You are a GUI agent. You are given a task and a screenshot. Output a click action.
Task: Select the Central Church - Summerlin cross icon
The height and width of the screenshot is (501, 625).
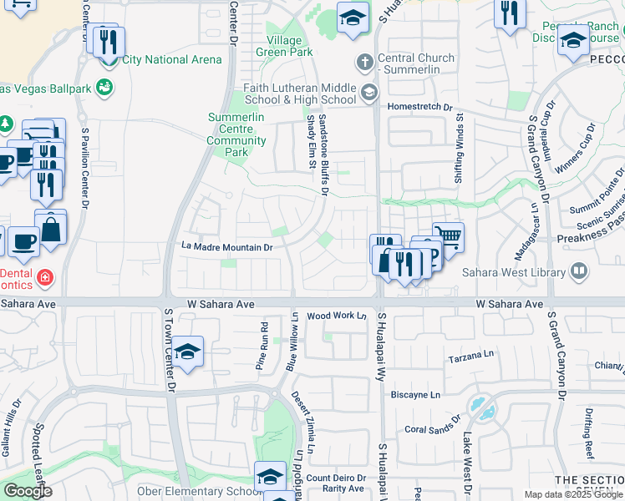pos(363,63)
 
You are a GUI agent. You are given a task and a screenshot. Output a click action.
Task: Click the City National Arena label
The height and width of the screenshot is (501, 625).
pos(171,59)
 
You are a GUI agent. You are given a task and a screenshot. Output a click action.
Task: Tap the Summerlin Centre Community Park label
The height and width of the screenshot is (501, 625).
pos(237,134)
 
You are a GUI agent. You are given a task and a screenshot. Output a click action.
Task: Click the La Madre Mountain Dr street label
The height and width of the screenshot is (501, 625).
pos(227,247)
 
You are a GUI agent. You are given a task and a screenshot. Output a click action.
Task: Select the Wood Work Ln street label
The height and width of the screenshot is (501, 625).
pos(337,316)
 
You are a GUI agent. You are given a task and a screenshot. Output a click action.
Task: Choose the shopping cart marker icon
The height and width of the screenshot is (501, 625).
pos(449,235)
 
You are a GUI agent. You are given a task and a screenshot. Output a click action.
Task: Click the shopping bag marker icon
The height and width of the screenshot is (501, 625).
pos(50,227)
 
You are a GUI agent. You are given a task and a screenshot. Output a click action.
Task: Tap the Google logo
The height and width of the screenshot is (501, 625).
pos(27,491)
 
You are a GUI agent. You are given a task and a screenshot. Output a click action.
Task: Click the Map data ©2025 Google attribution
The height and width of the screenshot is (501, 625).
pos(573,494)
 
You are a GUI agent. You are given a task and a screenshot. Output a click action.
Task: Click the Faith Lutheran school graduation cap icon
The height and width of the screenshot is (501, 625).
pos(369,91)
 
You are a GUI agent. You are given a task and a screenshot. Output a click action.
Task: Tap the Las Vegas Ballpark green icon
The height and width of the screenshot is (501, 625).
pos(104,86)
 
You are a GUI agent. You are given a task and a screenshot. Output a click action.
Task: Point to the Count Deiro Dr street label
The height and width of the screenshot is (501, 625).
pos(335,478)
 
